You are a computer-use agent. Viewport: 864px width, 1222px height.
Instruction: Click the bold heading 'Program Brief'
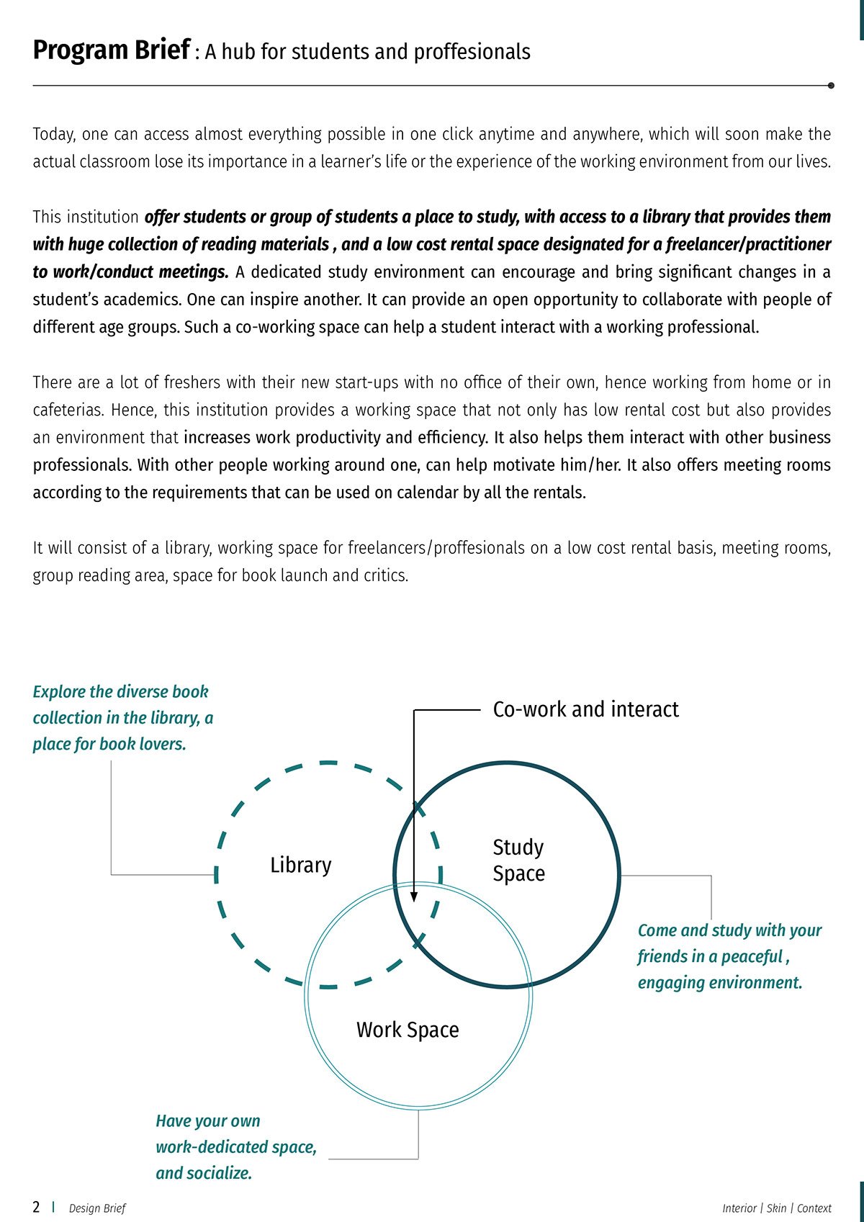click(x=111, y=50)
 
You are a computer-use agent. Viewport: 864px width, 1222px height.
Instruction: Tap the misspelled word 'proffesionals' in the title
click(x=472, y=52)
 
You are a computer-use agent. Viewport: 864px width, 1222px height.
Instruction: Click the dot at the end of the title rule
click(x=831, y=85)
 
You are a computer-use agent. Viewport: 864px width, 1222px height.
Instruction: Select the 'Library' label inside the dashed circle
click(x=300, y=865)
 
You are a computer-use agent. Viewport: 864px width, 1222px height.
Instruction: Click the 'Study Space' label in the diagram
click(x=518, y=861)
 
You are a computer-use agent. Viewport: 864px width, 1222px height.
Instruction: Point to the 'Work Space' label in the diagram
click(x=408, y=1030)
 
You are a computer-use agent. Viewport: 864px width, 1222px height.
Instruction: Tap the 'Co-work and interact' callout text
click(x=585, y=709)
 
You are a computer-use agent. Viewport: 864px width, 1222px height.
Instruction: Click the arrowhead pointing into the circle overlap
click(x=414, y=897)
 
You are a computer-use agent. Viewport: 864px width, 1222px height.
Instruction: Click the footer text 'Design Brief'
click(x=97, y=1208)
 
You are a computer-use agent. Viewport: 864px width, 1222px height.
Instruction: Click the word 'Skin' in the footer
click(x=776, y=1208)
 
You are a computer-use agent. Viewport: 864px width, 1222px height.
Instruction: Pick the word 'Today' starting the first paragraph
click(x=52, y=135)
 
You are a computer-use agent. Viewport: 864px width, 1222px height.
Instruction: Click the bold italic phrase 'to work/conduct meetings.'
click(x=130, y=272)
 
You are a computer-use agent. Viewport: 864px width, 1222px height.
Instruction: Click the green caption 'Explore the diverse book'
click(x=120, y=692)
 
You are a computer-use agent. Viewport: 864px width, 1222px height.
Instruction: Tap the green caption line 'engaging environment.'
click(x=719, y=983)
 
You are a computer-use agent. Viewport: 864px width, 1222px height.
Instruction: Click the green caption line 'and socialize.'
click(x=204, y=1173)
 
